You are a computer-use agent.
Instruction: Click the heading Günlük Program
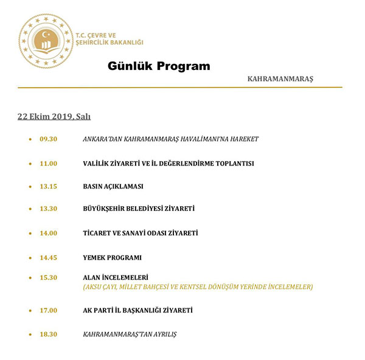point(159,66)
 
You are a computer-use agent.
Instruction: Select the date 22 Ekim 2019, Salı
point(54,116)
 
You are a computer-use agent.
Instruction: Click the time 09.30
point(48,139)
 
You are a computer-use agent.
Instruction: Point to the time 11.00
point(48,163)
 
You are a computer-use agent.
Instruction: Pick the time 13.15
point(48,186)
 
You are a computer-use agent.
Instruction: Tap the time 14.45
point(48,257)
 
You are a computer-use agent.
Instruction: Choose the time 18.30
point(48,334)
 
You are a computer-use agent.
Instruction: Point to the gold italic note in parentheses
point(198,286)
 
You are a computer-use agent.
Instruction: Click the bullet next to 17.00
point(30,311)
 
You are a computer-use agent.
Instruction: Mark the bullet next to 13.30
point(30,209)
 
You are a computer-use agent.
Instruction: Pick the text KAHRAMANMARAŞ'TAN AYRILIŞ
point(130,334)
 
